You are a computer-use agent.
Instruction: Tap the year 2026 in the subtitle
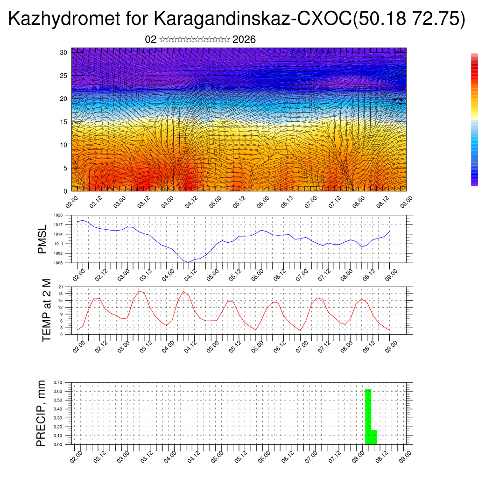coord(244,40)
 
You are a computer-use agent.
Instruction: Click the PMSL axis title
coord(42,239)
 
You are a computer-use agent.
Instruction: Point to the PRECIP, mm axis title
coord(42,413)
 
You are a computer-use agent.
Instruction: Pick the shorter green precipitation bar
coord(374,437)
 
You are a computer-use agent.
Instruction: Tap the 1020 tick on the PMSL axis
coord(58,216)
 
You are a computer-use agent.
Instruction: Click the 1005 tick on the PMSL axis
coord(58,263)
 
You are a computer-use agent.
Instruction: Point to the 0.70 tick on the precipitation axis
coord(58,382)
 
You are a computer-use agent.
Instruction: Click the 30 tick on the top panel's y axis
coord(64,52)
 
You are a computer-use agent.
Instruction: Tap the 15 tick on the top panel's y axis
coord(64,122)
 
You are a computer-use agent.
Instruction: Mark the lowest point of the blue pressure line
coord(188,262)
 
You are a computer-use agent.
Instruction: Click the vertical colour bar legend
coord(474,119)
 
